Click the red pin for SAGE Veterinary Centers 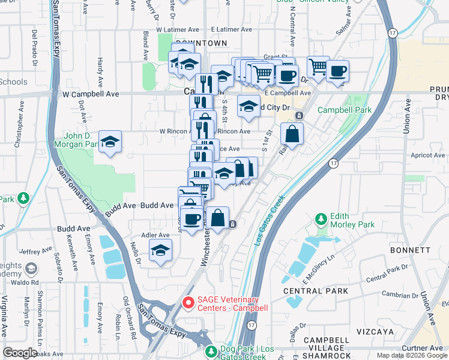pyautogui.click(x=188, y=304)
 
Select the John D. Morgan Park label pyautogui.click(x=75, y=140)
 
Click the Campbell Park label pyautogui.click(x=345, y=110)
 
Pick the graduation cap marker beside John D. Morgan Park pyautogui.click(x=110, y=142)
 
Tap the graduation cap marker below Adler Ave pyautogui.click(x=160, y=251)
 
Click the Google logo pyautogui.click(x=20, y=352)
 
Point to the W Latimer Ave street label pyautogui.click(x=177, y=29)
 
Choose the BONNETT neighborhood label pyautogui.click(x=410, y=250)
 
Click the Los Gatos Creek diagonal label pyautogui.click(x=268, y=220)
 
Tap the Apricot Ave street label pyautogui.click(x=427, y=155)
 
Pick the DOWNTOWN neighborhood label pyautogui.click(x=205, y=43)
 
